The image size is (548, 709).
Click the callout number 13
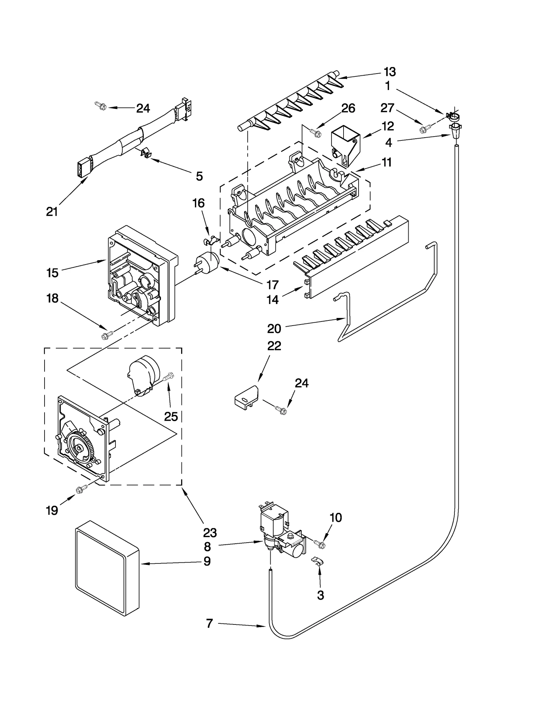pyautogui.click(x=389, y=72)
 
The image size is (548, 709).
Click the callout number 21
pyautogui.click(x=52, y=212)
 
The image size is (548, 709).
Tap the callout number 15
pyautogui.click(x=52, y=273)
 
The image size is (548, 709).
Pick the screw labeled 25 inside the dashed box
pyautogui.click(x=169, y=377)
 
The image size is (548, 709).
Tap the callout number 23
pyautogui.click(x=210, y=532)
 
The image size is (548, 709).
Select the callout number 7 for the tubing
pyautogui.click(x=210, y=623)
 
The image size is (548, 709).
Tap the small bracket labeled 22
pyautogui.click(x=246, y=397)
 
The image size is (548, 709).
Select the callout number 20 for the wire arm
pyautogui.click(x=274, y=329)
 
